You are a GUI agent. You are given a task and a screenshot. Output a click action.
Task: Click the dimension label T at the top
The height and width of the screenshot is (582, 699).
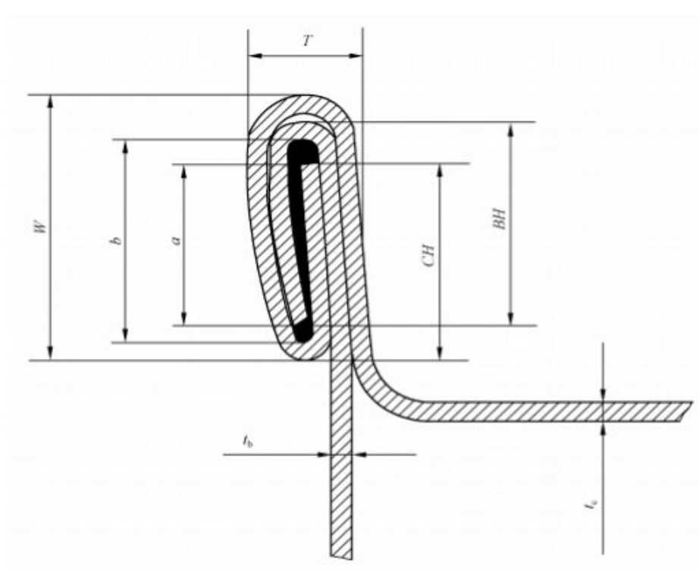click(x=307, y=41)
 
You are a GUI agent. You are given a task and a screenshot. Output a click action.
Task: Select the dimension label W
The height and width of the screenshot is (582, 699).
click(x=41, y=227)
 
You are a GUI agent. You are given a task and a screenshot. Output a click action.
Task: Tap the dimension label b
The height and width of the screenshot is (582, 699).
click(x=116, y=241)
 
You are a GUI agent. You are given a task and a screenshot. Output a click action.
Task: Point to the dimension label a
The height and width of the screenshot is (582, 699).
click(x=177, y=241)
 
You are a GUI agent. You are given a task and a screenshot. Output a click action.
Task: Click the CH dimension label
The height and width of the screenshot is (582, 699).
click(x=428, y=255)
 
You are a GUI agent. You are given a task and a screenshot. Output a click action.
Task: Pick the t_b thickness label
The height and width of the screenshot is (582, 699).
click(x=248, y=441)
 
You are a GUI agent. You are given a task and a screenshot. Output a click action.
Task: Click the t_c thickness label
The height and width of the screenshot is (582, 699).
click(x=591, y=505)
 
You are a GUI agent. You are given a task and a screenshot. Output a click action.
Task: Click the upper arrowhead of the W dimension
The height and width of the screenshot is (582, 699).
click(x=50, y=102)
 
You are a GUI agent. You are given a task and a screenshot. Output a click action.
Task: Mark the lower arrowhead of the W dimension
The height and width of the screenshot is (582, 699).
click(x=50, y=353)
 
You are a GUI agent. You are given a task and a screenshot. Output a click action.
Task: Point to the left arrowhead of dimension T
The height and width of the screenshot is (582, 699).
click(x=255, y=56)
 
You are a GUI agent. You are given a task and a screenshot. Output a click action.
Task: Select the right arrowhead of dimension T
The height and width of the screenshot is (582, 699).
click(x=356, y=56)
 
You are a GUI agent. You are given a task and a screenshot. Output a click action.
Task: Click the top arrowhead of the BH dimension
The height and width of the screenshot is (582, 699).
click(x=511, y=129)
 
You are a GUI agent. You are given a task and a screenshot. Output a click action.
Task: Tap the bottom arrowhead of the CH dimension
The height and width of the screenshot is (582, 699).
click(x=440, y=353)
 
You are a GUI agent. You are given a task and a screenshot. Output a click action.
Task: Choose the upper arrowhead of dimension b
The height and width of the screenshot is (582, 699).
click(x=125, y=147)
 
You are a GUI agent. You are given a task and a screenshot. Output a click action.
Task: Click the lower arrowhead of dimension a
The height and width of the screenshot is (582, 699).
click(x=183, y=318)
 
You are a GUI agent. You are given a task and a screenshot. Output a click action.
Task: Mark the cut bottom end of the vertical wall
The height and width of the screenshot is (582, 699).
click(x=341, y=556)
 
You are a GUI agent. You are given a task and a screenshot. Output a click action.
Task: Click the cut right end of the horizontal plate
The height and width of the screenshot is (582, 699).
click(x=685, y=411)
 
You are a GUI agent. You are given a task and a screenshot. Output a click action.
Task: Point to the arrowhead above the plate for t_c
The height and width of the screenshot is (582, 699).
click(x=603, y=395)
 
